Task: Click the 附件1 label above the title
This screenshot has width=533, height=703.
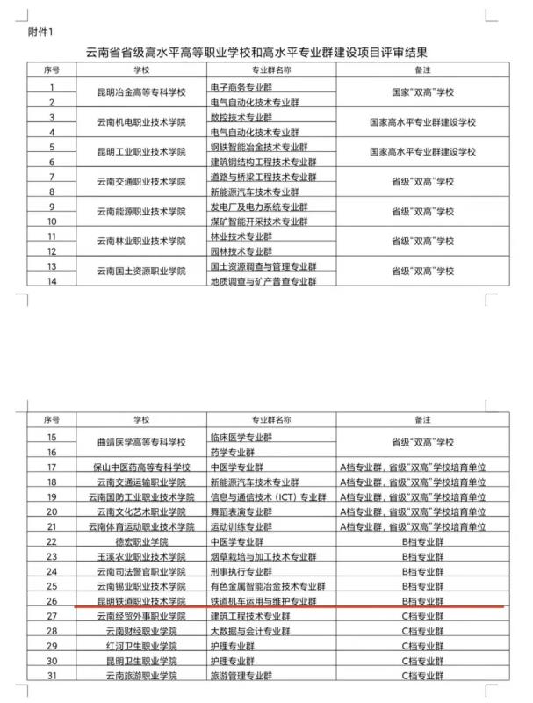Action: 41,33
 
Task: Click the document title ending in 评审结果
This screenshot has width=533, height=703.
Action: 266,53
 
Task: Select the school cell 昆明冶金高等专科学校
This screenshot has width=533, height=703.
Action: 141,96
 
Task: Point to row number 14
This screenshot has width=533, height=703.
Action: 53,281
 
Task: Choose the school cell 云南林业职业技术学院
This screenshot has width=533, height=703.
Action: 141,241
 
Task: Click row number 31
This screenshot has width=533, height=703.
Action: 52,675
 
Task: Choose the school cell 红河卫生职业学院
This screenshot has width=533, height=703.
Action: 141,646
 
